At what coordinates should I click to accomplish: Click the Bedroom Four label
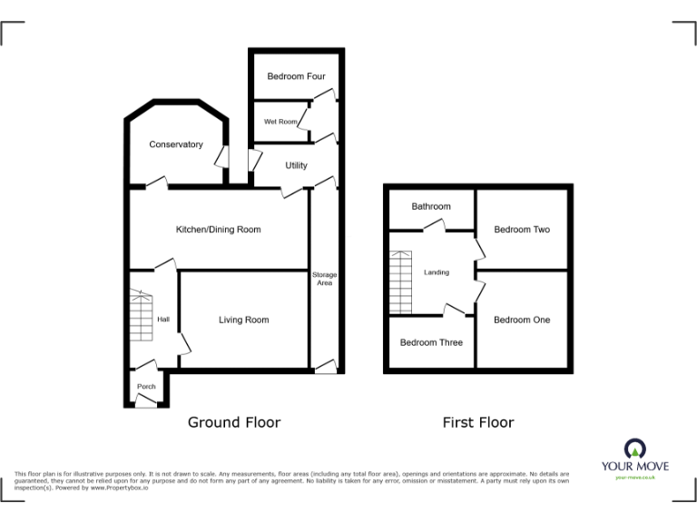296,77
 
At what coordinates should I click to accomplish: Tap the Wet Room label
280,122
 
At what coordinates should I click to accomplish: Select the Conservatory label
176,144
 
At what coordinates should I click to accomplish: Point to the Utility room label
296,165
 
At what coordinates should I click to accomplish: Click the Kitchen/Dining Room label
218,230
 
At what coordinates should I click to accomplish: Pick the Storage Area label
324,279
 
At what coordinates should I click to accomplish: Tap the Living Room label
243,320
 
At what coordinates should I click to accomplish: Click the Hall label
163,320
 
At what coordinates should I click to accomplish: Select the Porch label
146,387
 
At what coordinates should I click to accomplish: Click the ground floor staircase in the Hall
141,315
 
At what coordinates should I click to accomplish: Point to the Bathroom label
430,207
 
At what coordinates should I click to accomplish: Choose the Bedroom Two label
522,230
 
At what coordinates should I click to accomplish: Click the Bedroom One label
522,320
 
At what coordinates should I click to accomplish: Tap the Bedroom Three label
431,342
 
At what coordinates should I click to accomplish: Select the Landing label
437,272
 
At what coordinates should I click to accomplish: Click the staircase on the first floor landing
400,281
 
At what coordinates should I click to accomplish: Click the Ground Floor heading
233,422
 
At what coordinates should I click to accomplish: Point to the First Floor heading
477,422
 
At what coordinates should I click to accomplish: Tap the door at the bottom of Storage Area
324,366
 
